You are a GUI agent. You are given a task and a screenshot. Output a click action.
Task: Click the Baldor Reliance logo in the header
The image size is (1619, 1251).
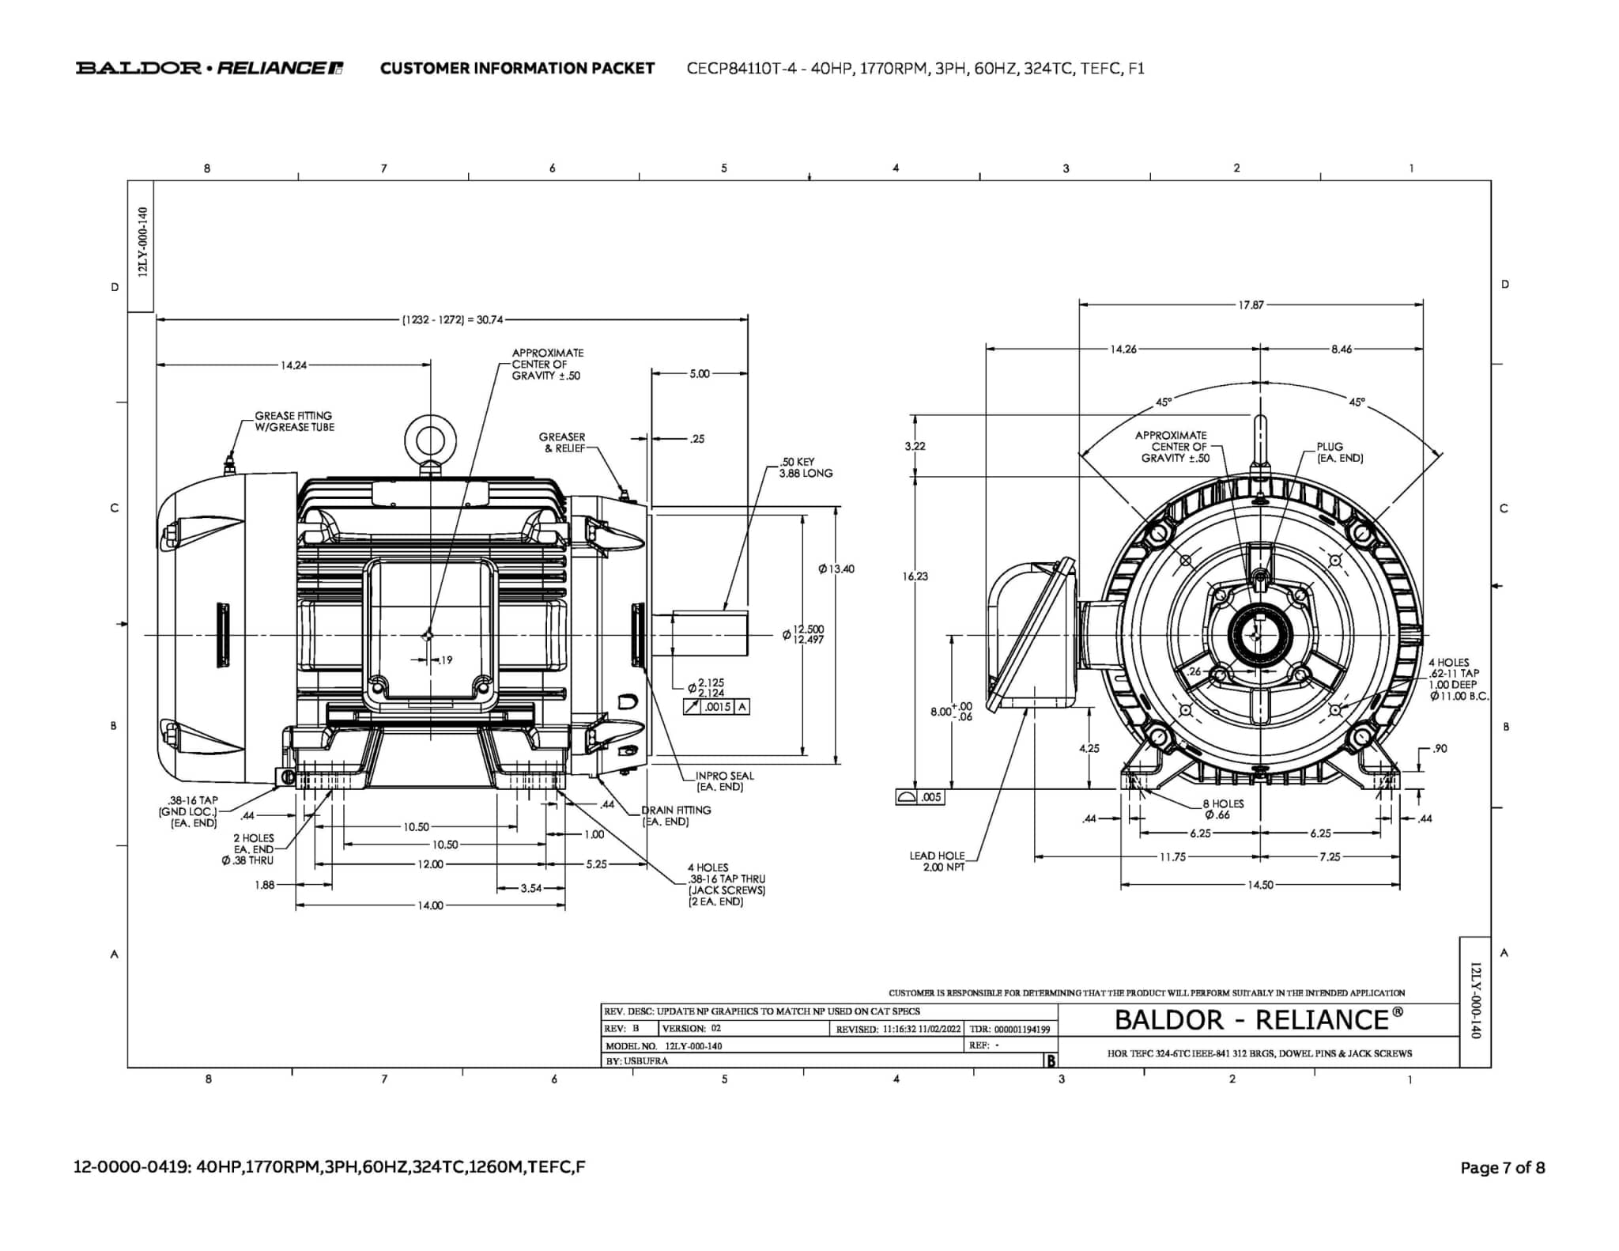[209, 68]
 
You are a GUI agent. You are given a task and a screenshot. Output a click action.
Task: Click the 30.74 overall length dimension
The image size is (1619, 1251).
[452, 319]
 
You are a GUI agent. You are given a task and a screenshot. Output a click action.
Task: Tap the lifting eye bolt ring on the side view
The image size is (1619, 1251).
[430, 440]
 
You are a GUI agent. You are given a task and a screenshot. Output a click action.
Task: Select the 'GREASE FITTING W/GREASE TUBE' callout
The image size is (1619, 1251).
[294, 421]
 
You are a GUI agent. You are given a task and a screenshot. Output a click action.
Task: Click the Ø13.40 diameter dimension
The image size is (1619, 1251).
[836, 569]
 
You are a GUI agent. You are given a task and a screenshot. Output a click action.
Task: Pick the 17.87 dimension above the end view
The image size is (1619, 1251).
[1251, 304]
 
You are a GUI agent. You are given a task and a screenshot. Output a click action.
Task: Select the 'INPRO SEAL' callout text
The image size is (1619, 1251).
[723, 781]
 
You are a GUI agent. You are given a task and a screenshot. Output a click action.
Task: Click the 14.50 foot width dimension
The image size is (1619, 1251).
[1260, 885]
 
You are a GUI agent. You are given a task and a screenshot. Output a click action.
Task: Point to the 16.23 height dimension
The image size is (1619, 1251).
[915, 576]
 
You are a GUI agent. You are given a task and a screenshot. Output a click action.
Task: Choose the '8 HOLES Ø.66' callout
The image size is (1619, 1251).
[1222, 809]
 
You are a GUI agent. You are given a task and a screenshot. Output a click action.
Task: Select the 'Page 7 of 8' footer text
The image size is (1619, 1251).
[1502, 1167]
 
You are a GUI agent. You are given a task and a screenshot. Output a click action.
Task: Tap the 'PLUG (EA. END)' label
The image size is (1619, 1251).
[1339, 452]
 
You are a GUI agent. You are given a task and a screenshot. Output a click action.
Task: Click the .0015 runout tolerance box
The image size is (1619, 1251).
[717, 707]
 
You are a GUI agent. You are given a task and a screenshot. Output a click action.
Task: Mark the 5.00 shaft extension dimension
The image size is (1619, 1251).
[700, 373]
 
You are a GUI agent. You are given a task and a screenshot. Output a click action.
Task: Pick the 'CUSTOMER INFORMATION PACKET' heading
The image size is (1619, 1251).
[517, 68]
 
